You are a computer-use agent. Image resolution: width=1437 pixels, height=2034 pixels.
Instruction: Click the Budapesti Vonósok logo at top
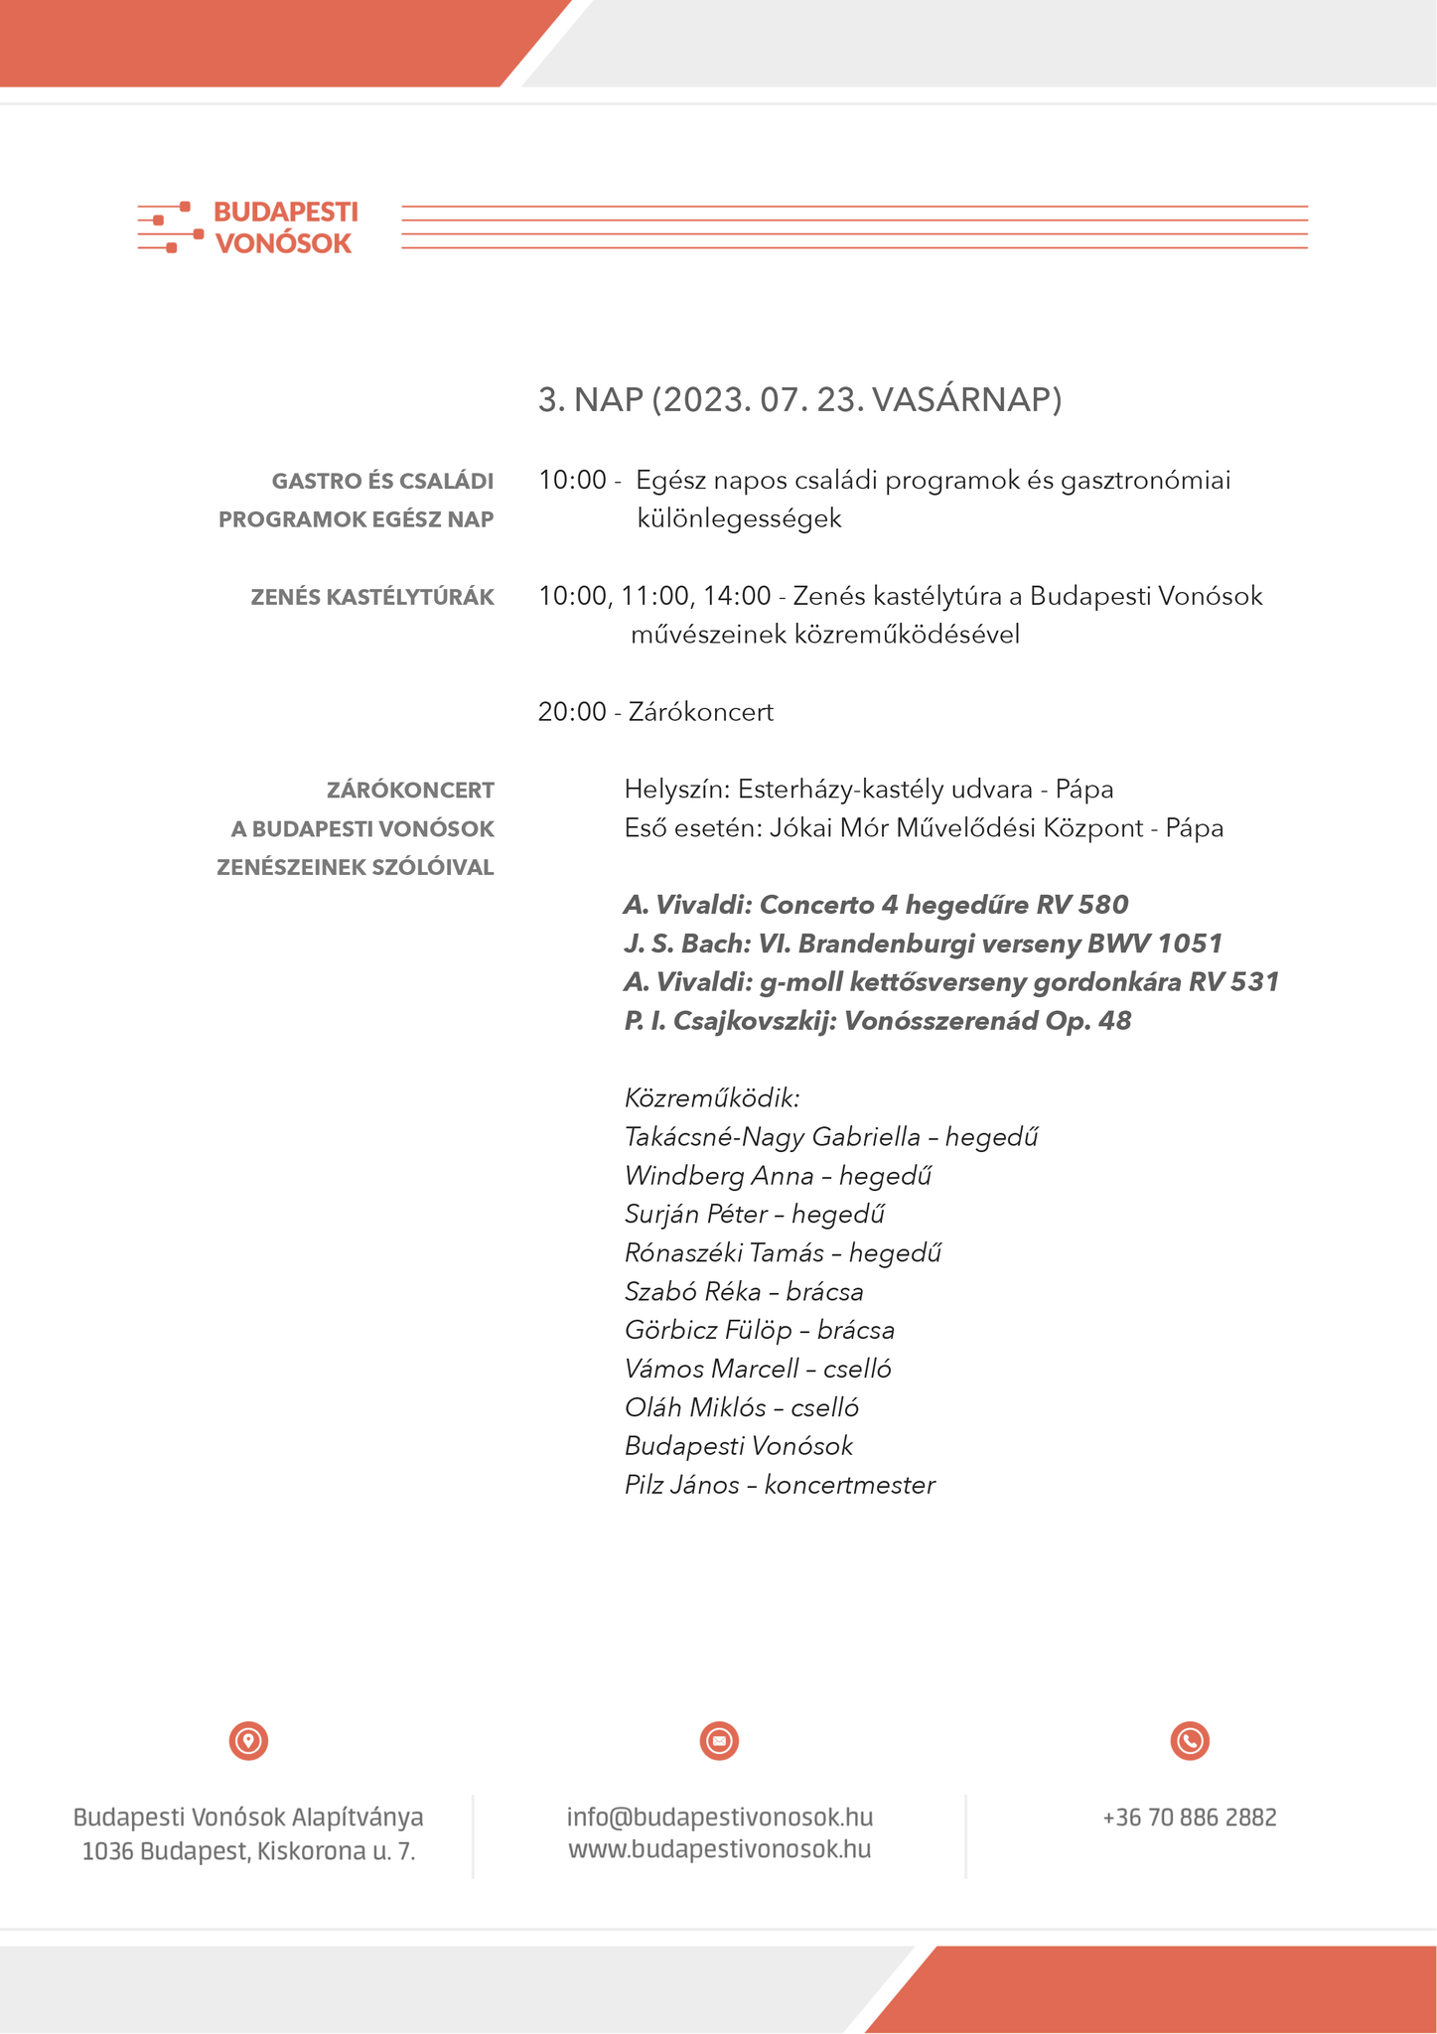click(x=248, y=227)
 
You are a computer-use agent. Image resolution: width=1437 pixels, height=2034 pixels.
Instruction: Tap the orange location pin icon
click(x=248, y=1741)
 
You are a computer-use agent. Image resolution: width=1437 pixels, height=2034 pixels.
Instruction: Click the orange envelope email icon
click(x=719, y=1741)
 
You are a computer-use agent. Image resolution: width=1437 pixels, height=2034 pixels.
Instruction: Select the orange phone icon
click(x=1190, y=1741)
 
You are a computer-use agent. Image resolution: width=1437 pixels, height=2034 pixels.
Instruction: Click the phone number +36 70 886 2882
click(x=1189, y=1817)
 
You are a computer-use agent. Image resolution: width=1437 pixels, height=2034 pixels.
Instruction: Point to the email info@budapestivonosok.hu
click(x=719, y=1817)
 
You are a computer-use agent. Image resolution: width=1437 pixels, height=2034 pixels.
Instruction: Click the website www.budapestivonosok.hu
click(x=719, y=1849)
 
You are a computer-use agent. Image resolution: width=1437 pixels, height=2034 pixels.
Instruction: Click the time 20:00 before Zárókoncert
click(x=572, y=712)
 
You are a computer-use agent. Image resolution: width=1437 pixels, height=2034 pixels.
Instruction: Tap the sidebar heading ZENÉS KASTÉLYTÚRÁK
click(x=372, y=597)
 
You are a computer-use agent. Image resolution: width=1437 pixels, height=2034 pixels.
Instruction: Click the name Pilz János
click(x=682, y=1485)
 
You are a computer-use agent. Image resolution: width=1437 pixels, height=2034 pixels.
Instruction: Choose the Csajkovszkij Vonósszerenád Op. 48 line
click(x=878, y=1021)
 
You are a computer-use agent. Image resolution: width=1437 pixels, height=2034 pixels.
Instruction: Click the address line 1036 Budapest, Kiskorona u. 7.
click(x=248, y=1851)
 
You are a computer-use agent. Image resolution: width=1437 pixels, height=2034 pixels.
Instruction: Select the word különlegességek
click(x=740, y=518)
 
